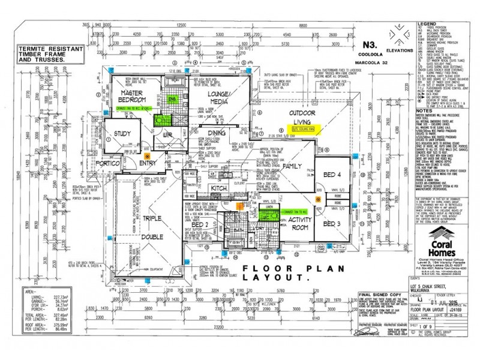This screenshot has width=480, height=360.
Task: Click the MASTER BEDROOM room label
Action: [x=134, y=97]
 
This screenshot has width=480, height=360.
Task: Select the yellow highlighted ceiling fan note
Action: [x=307, y=128]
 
